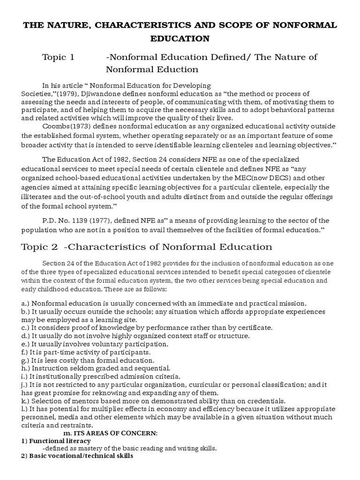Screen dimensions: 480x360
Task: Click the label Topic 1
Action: point(58,57)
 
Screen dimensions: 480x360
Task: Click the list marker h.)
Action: point(26,368)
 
